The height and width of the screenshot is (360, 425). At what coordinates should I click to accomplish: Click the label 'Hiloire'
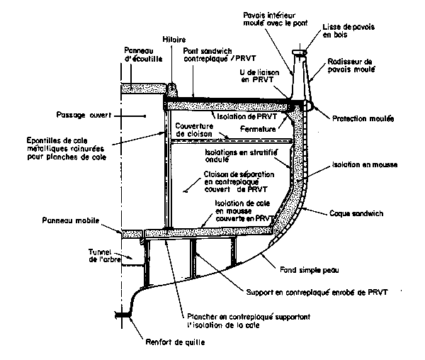(x=174, y=41)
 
